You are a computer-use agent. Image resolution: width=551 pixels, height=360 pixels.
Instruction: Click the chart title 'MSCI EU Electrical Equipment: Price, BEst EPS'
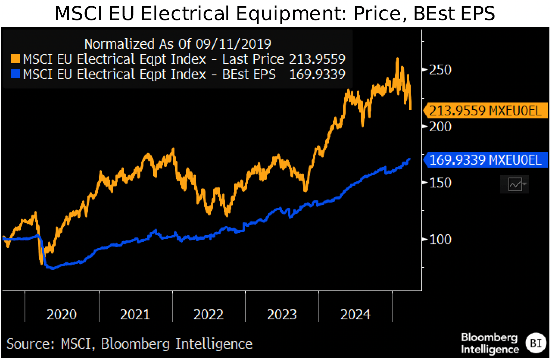pyautogui.click(x=275, y=14)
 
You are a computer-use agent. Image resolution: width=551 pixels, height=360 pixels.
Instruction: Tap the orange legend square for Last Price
pyautogui.click(x=15, y=59)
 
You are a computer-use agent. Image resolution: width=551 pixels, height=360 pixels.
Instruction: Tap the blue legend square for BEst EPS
pyautogui.click(x=15, y=74)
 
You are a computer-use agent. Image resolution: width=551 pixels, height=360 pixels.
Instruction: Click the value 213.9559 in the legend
pyautogui.click(x=317, y=59)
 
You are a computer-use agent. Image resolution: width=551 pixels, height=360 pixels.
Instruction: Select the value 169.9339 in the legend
pyautogui.click(x=317, y=74)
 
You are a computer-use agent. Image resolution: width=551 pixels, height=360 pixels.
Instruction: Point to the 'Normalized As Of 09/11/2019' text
pyautogui.click(x=178, y=44)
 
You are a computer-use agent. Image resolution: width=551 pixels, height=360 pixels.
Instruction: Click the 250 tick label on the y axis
pyautogui.click(x=440, y=70)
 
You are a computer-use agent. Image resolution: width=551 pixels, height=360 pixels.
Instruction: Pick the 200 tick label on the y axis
pyautogui.click(x=440, y=127)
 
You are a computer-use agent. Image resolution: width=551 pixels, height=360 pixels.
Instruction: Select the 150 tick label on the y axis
pyautogui.click(x=440, y=183)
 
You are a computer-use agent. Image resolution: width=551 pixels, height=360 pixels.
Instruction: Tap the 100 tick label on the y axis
pyautogui.click(x=440, y=240)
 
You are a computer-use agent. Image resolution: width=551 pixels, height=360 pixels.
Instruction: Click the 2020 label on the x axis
pyautogui.click(x=62, y=314)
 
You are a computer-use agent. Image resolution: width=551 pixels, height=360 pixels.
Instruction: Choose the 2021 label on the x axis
pyautogui.click(x=135, y=314)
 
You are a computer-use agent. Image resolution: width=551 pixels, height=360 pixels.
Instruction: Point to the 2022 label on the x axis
pyautogui.click(x=209, y=314)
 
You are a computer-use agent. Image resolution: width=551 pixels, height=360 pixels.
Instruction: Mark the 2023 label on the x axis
pyautogui.click(x=282, y=314)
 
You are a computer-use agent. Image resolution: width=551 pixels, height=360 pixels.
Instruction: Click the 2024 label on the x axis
pyautogui.click(x=355, y=314)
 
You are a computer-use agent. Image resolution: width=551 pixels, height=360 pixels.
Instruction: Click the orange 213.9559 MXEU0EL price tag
pyautogui.click(x=485, y=111)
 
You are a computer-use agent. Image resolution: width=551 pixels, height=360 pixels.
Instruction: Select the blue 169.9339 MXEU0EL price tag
pyautogui.click(x=485, y=160)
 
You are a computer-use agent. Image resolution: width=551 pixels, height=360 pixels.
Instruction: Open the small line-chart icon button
pyautogui.click(x=515, y=184)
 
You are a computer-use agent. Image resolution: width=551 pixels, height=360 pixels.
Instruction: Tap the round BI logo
pyautogui.click(x=536, y=343)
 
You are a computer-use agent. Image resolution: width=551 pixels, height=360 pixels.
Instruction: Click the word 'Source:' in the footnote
pyautogui.click(x=31, y=344)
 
